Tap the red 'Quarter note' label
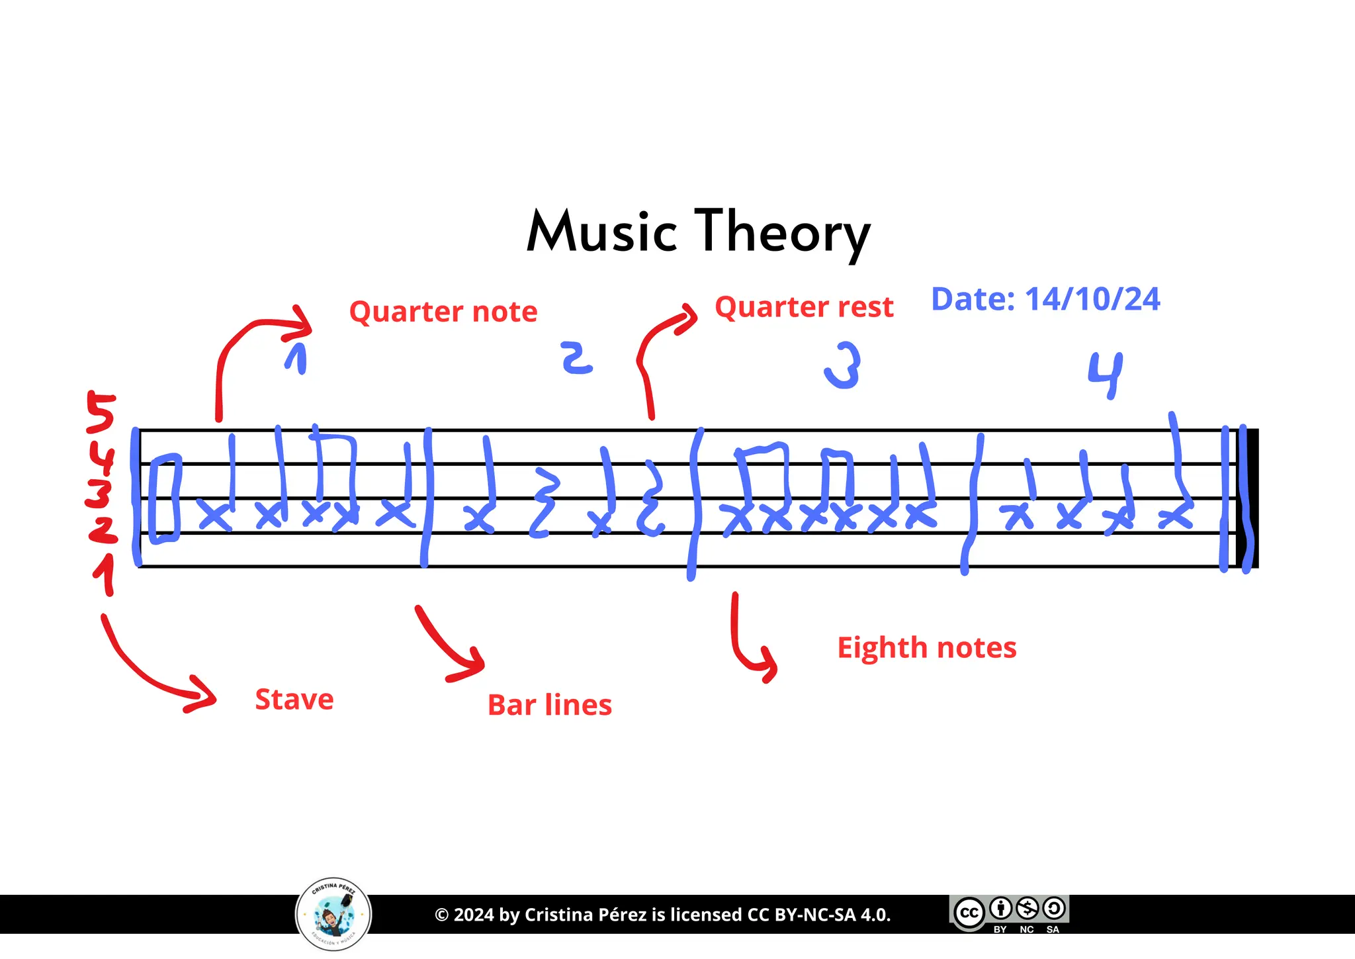443,312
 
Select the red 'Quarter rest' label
804,307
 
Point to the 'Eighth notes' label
926,647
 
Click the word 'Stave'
294,700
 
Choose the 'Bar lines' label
550,705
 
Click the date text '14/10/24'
1092,299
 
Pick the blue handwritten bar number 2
576,358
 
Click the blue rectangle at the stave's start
165,498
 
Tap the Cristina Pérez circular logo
333,915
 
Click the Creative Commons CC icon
969,913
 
